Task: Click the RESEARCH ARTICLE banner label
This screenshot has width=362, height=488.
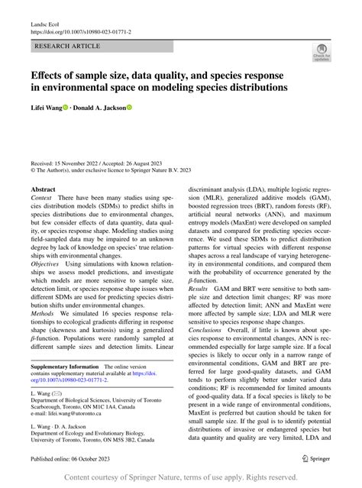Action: tap(67, 46)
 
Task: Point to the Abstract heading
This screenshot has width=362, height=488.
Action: tap(43, 188)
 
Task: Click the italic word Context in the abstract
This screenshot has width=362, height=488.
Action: tap(42, 198)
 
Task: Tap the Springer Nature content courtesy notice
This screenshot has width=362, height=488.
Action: tap(181, 477)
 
